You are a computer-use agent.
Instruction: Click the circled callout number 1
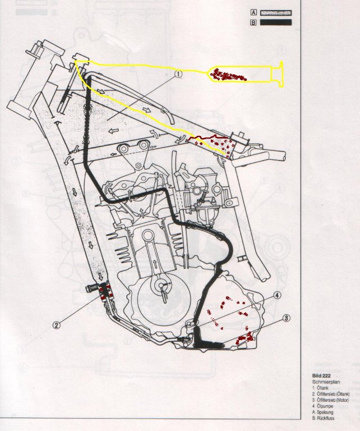pyautogui.click(x=178, y=74)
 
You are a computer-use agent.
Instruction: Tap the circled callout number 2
pyautogui.click(x=57, y=325)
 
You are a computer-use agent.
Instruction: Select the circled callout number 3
pyautogui.click(x=286, y=318)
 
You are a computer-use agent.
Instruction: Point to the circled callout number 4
pyautogui.click(x=278, y=295)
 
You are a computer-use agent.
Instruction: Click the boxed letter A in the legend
pyautogui.click(x=253, y=13)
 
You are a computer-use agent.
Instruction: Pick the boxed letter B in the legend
pyautogui.click(x=253, y=22)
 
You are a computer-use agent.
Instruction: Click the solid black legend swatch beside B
pyautogui.click(x=276, y=22)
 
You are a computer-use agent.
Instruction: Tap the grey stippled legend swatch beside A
pyautogui.click(x=276, y=13)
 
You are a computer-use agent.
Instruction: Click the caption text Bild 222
pyautogui.click(x=321, y=375)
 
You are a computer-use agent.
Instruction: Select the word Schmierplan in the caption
pyautogui.click(x=326, y=382)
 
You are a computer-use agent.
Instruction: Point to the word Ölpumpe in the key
pyautogui.click(x=325, y=406)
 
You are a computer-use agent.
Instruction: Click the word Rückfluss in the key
pyautogui.click(x=325, y=418)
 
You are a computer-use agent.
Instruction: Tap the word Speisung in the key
pyautogui.click(x=325, y=412)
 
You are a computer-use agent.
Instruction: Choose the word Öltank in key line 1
pyautogui.click(x=322, y=388)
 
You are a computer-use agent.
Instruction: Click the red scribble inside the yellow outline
pyautogui.click(x=228, y=75)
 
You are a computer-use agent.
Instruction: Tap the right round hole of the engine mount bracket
pyautogui.click(x=142, y=146)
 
